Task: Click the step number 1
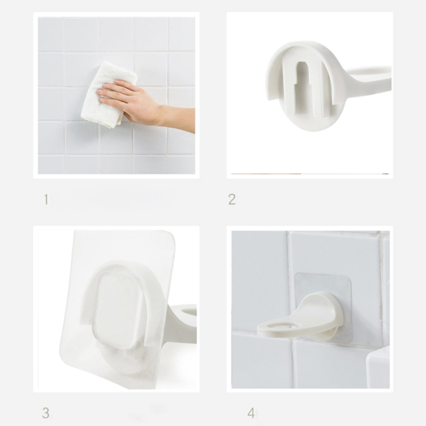point(46,199)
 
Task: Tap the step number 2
point(232,199)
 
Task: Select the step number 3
point(46,413)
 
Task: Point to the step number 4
point(251,413)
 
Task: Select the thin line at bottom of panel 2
point(310,174)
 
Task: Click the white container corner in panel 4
point(378,366)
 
